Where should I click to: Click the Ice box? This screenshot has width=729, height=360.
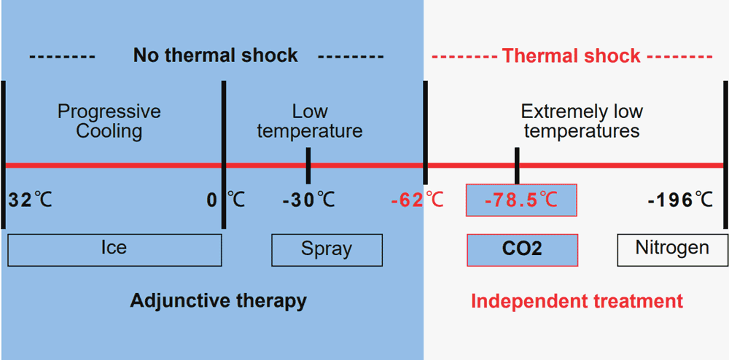pos(114,250)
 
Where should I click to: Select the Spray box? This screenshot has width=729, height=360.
pos(327,250)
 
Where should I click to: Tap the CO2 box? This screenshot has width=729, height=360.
pos(522,250)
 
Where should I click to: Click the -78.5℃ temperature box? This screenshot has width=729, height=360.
pos(521,200)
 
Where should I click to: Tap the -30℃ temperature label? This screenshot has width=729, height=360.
pos(309,200)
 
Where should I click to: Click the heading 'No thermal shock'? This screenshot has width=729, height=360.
pos(215,55)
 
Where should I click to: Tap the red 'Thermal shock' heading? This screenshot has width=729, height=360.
pos(572,55)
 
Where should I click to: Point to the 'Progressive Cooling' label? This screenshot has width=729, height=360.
pos(109,122)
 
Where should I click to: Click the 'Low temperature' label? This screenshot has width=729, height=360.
pos(310,122)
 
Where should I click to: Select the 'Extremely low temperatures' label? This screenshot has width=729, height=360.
pos(582,122)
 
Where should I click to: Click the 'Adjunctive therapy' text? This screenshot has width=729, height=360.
pos(219,300)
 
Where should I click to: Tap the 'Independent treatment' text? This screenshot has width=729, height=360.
pos(577,300)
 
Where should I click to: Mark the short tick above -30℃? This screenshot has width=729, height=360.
pos(309,165)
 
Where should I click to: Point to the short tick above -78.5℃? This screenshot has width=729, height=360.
pos(517,165)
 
